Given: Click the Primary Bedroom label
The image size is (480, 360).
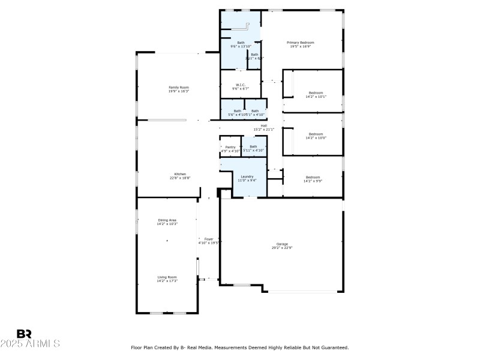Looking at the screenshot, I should click(x=300, y=43).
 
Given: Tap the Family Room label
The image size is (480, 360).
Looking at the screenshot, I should click(x=178, y=88).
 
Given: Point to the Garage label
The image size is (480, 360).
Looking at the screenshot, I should click(x=282, y=244).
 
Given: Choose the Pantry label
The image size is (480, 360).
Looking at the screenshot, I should click(x=230, y=147).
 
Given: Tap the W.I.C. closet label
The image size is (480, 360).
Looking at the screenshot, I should click(x=240, y=85).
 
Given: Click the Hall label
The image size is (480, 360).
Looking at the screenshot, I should click(x=263, y=125).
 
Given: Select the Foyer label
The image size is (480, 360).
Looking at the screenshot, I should click(x=209, y=239).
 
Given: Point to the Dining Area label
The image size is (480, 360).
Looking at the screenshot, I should click(x=167, y=220).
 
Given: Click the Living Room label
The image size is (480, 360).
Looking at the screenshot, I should click(x=167, y=277).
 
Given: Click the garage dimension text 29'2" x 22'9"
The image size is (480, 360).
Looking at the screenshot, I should click(x=282, y=247).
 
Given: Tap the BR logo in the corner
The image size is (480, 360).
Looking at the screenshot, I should click(x=24, y=334).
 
